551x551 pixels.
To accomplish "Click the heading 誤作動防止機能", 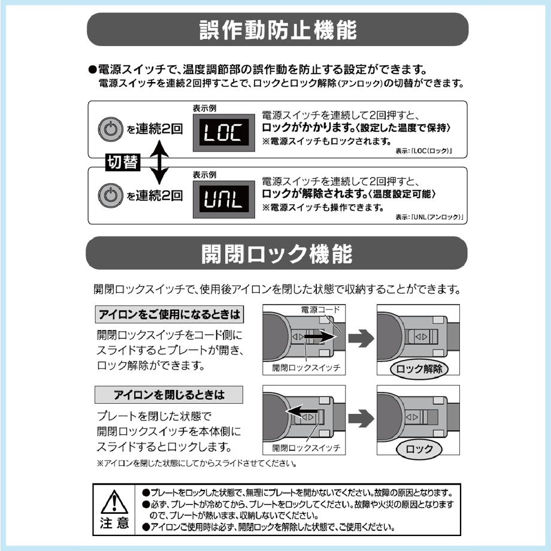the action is click(x=278, y=30).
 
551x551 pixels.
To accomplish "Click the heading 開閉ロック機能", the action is click(x=277, y=254).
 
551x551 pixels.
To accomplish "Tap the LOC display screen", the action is click(x=224, y=132).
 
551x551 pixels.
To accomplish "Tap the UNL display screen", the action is click(x=224, y=199).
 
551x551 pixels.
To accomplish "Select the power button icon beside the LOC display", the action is click(x=111, y=129).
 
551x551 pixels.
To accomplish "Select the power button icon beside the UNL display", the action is click(x=111, y=195).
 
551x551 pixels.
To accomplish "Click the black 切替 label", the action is click(x=123, y=162).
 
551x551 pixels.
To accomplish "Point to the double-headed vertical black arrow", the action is click(x=159, y=162).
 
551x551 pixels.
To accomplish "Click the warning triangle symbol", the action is click(x=114, y=502).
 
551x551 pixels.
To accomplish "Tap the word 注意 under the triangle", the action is click(x=114, y=523).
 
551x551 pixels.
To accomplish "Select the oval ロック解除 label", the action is click(x=419, y=369).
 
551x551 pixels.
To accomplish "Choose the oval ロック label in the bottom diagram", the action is click(x=419, y=449).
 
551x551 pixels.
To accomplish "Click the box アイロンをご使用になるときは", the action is click(x=169, y=314).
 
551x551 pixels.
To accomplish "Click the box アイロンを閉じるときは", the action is click(x=169, y=395).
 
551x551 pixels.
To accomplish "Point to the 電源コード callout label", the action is click(x=320, y=310).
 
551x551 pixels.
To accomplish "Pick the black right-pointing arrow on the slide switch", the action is click(x=320, y=337).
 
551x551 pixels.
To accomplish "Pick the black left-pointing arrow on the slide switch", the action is click(x=302, y=411).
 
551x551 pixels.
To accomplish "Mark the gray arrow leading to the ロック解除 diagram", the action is click(x=361, y=338).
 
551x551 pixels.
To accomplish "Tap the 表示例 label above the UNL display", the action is click(x=204, y=175).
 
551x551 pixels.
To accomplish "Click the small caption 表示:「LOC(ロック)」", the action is click(x=423, y=151).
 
